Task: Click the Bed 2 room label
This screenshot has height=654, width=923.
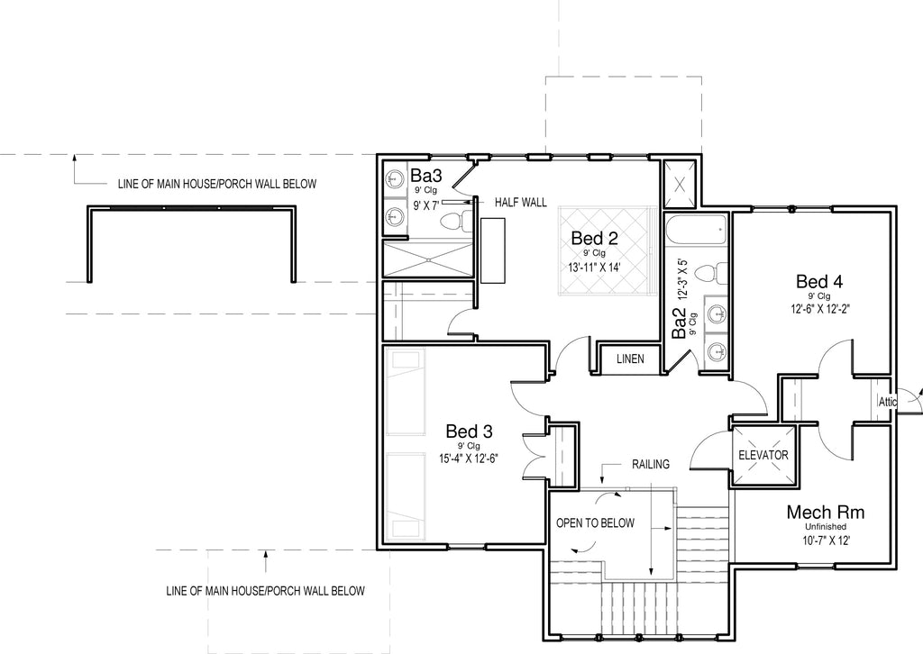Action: click(595, 238)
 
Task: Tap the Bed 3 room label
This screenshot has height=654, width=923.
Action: click(469, 431)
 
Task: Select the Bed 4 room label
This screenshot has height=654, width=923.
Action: click(818, 281)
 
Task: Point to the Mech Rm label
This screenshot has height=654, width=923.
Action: click(826, 512)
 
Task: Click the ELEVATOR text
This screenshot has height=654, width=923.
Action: click(763, 455)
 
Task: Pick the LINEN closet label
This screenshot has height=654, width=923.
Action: click(630, 359)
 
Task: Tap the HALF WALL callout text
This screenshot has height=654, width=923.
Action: click(520, 203)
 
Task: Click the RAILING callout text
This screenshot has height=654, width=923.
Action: click(651, 464)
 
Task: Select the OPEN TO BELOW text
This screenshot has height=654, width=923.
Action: click(595, 522)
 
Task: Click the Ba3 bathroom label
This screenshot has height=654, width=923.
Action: click(426, 176)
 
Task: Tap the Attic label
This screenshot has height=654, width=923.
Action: click(888, 402)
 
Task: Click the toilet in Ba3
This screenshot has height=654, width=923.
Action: click(455, 221)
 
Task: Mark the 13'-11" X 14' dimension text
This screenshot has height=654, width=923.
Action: click(595, 267)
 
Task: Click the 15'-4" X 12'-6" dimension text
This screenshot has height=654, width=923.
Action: click(469, 459)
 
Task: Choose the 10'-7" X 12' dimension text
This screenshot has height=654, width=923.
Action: click(826, 540)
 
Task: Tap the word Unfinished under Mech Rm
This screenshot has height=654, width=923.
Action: click(826, 527)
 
